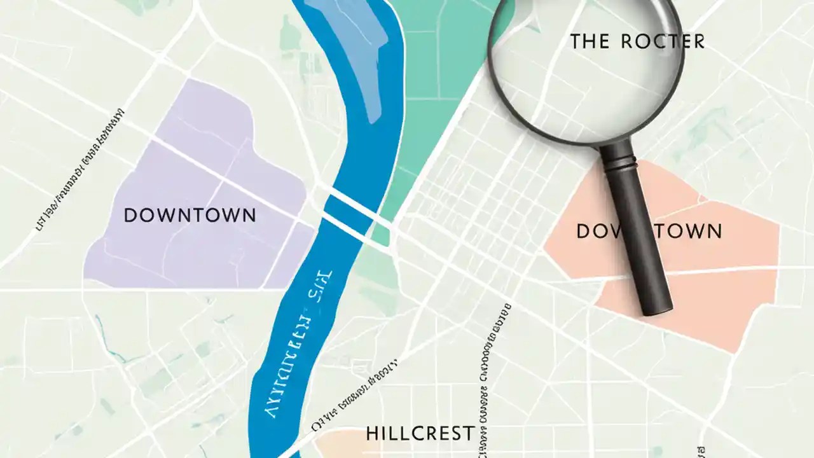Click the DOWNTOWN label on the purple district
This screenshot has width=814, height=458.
190,215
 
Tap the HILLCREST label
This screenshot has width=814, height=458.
420,434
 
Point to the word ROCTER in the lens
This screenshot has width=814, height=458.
661,42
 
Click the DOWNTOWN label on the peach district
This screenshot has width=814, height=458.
649,231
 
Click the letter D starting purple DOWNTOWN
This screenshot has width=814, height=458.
130,216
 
